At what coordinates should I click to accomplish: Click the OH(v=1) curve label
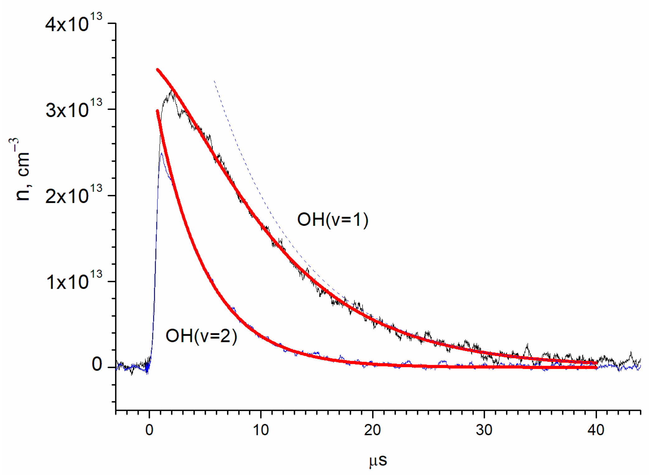point(333,220)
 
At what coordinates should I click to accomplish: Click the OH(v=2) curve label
point(201,336)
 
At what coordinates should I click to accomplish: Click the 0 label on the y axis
point(97,364)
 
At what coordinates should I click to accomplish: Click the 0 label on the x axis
point(149,430)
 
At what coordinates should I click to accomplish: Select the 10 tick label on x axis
point(261,430)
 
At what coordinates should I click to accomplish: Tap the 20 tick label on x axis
point(372,430)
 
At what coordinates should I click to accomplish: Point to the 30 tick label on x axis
point(484,430)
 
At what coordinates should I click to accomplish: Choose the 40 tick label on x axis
point(596,430)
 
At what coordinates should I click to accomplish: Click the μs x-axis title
point(378,460)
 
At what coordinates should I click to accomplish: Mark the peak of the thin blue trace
point(161,153)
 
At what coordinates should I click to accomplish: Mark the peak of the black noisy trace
point(171,91)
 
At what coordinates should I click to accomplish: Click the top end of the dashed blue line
point(214,81)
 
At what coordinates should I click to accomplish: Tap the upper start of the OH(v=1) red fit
point(158,69)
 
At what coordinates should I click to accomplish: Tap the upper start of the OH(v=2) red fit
point(157,111)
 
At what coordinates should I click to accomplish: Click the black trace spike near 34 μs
point(527,344)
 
